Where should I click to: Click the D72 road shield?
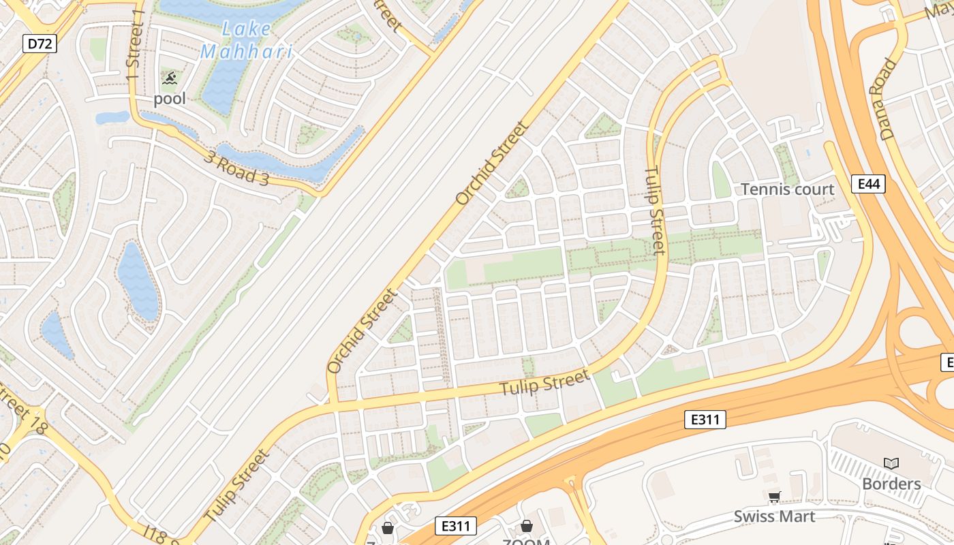pyautogui.click(x=40, y=44)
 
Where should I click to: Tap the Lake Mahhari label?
pyautogui.click(x=246, y=40)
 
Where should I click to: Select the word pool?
pyautogui.click(x=169, y=99)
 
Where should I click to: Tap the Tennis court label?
pyautogui.click(x=787, y=189)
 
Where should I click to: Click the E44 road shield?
pyautogui.click(x=868, y=183)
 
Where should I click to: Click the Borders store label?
pyautogui.click(x=891, y=484)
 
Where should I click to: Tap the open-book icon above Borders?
pyautogui.click(x=891, y=464)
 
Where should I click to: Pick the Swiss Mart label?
pyautogui.click(x=774, y=516)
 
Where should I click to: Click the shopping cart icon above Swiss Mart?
pyautogui.click(x=773, y=497)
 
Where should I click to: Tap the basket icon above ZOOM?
pyautogui.click(x=526, y=526)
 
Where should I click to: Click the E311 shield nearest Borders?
pyautogui.click(x=705, y=420)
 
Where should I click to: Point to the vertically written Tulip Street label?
pyautogui.click(x=654, y=211)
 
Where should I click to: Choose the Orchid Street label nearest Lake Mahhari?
pyautogui.click(x=492, y=163)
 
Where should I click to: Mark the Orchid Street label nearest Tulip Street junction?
pyautogui.click(x=361, y=332)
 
